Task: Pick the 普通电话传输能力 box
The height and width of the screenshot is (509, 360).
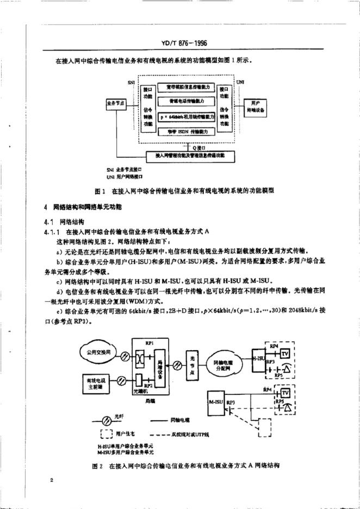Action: (187, 101)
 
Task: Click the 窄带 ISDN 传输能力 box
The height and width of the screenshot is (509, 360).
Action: (187, 131)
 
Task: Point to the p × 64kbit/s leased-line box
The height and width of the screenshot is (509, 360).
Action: (187, 116)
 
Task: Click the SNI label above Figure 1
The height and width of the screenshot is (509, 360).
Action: (132, 82)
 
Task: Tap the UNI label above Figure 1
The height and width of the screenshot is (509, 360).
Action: (240, 82)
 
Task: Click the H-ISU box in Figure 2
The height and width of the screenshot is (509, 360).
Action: (257, 359)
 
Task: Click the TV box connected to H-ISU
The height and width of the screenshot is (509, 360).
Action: (285, 352)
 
